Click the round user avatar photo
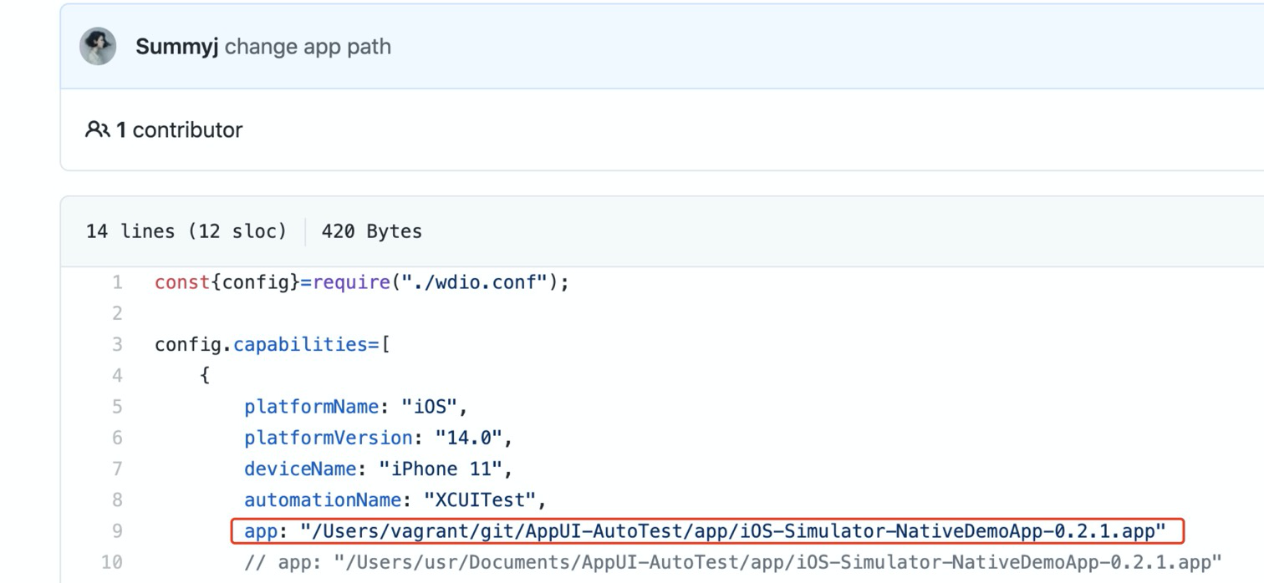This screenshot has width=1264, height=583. [98, 46]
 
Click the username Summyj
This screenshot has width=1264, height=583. [176, 47]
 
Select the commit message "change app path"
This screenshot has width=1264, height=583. [308, 47]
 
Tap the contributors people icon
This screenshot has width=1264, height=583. [97, 129]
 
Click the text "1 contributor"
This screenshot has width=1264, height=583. [179, 130]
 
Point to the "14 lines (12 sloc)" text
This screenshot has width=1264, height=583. [186, 231]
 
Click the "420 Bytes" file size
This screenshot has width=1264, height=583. [371, 231]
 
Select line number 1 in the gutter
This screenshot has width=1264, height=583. [117, 282]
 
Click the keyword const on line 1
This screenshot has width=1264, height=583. [182, 282]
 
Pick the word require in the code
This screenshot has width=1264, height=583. [351, 282]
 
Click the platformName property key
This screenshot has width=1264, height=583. [312, 407]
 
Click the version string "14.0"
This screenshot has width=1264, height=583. [468, 438]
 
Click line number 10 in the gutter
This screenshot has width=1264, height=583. [112, 562]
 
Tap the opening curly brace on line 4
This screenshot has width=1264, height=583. [205, 376]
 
